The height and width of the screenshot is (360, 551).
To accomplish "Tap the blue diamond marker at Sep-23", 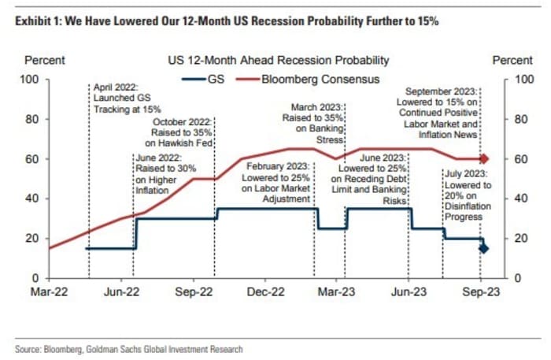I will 483,248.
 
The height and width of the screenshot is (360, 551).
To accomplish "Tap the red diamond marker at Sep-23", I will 483,159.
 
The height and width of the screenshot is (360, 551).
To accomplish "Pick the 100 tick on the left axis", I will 31,79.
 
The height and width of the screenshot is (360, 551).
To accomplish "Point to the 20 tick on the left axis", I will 35,239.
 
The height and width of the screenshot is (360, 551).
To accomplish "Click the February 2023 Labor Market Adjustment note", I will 278,183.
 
